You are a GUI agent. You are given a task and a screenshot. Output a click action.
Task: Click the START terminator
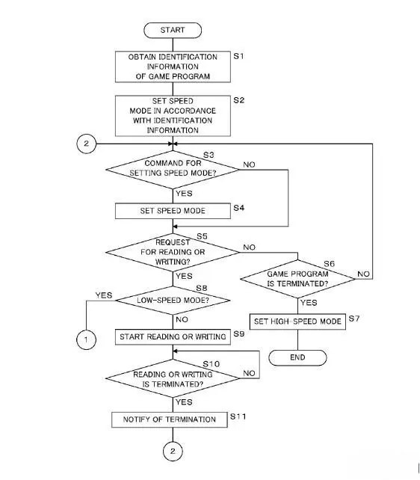click(x=173, y=31)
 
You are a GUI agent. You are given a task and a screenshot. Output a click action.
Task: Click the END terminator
click(x=297, y=357)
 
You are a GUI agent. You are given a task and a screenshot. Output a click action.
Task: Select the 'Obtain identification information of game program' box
click(x=173, y=67)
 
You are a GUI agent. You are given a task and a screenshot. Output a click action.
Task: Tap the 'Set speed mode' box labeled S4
click(x=173, y=211)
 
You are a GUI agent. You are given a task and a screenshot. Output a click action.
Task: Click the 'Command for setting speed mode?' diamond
click(x=173, y=170)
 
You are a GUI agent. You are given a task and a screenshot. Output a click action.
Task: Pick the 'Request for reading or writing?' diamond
click(x=173, y=252)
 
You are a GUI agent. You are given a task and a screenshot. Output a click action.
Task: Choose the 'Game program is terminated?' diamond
click(x=297, y=279)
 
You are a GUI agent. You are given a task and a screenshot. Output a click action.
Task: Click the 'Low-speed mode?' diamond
click(x=173, y=301)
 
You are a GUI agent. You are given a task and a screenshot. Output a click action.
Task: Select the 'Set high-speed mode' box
click(x=297, y=321)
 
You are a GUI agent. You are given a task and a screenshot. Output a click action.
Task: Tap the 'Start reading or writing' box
click(x=173, y=337)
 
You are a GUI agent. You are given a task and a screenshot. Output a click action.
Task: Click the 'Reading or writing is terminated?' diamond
click(x=173, y=378)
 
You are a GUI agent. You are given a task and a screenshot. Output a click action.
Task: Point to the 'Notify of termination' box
click(x=170, y=419)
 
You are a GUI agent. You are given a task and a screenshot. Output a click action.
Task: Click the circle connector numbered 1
click(x=86, y=339)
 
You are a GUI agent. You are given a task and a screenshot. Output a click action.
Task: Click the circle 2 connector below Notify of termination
click(x=173, y=451)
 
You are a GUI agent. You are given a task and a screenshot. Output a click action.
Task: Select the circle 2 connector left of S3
click(x=86, y=144)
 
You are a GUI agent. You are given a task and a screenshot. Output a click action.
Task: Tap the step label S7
click(x=354, y=319)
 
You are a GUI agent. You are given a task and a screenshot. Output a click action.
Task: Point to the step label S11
click(x=238, y=416)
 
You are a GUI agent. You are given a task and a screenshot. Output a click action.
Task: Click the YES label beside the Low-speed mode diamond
click(x=104, y=295)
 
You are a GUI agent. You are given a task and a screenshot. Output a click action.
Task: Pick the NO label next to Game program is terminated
click(x=363, y=274)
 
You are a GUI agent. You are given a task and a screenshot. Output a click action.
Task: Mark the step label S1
click(x=239, y=56)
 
